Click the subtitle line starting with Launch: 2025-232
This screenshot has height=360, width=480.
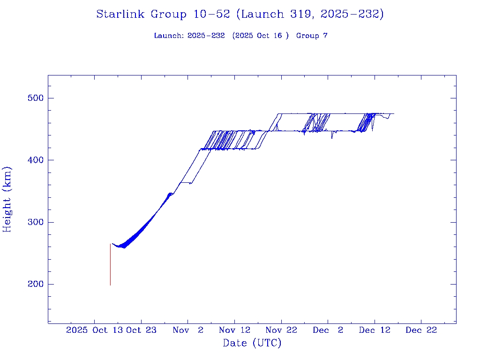coord(240,36)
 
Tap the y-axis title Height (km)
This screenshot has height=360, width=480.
coord(7,199)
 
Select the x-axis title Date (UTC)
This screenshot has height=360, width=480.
coord(252,343)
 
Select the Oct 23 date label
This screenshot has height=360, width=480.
coord(141,330)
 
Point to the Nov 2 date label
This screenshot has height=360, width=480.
coord(188,330)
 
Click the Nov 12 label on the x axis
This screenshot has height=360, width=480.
coord(235,330)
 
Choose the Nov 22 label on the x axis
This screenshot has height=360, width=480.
coord(281,330)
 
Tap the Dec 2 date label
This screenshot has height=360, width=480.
coord(328,330)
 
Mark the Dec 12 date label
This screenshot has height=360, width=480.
coord(375,330)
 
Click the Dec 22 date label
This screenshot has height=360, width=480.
coord(421,330)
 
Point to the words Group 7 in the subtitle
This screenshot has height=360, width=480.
coord(312,36)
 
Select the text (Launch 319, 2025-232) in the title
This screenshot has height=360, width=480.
coord(310,14)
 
